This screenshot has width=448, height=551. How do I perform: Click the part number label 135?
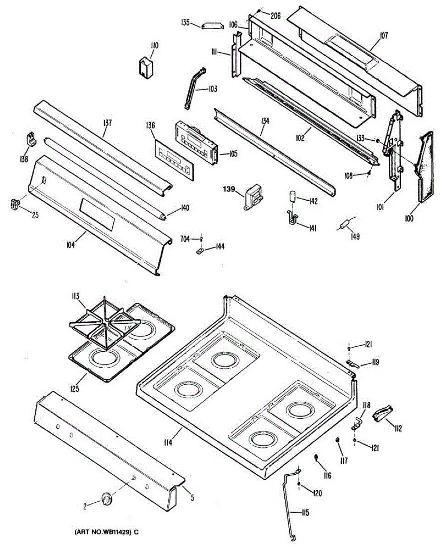tap(185, 22)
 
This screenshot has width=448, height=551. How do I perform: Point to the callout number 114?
tap(168, 443)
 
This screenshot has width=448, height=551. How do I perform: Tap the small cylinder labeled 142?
tap(291, 197)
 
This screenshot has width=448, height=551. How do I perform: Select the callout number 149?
tap(354, 237)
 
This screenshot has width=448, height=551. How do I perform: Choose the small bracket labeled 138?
tap(31, 139)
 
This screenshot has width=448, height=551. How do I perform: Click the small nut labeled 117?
tap(338, 441)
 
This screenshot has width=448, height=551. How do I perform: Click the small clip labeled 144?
tap(200, 250)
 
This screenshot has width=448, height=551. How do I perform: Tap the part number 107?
tap(383, 35)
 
